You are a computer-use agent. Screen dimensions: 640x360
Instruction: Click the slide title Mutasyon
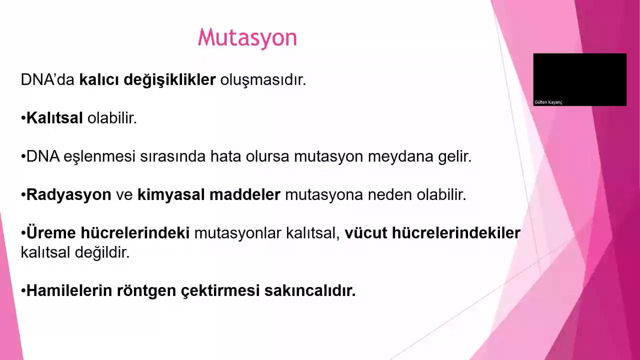coord(247,38)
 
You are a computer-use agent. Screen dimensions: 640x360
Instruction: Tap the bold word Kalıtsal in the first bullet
coord(54,117)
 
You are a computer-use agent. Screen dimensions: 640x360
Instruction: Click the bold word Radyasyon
coord(68,195)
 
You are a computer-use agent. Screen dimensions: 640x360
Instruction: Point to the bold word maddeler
coord(245,194)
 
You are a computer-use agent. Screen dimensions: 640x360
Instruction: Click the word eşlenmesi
coord(99,157)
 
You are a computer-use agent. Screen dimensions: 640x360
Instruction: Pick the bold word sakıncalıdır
coord(310,290)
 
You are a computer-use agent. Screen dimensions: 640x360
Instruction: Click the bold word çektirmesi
coord(220,291)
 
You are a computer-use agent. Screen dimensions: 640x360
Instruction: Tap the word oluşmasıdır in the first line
coord(263,80)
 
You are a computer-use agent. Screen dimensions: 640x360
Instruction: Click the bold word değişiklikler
coord(169,80)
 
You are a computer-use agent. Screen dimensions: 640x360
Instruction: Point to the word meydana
coord(400,157)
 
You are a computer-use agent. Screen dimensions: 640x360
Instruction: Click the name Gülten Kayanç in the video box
coord(548,102)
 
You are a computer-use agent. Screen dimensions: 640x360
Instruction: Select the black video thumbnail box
coord(579,79)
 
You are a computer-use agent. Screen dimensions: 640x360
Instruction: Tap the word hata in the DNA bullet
coord(225,156)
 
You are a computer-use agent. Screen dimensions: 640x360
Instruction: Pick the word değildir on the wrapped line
coord(102,253)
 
